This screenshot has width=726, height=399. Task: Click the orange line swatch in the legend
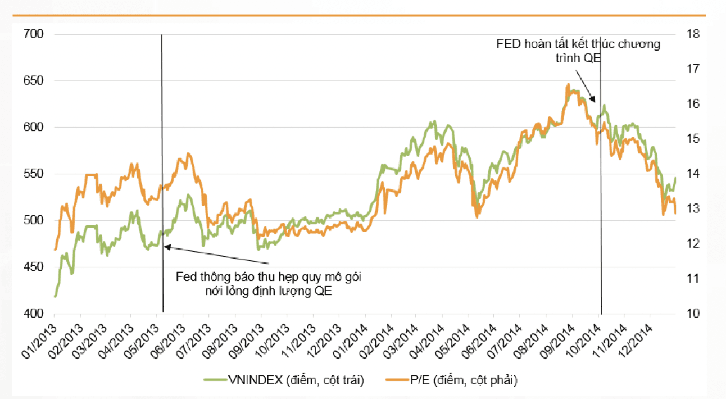pyautogui.click(x=397, y=381)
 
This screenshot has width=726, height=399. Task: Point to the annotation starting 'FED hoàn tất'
pyautogui.click(x=578, y=51)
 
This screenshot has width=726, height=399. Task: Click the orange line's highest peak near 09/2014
pyautogui.click(x=569, y=85)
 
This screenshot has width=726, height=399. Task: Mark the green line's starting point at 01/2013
pyautogui.click(x=55, y=296)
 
